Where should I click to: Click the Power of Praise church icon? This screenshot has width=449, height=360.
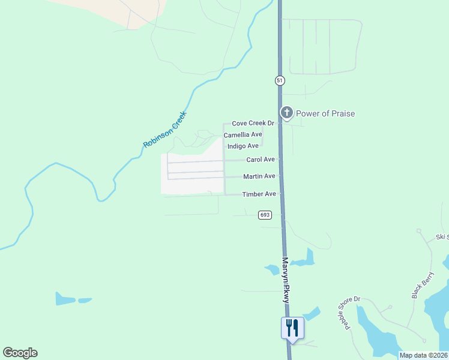coord(287,112)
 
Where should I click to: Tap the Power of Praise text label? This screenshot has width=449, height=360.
coord(325,113)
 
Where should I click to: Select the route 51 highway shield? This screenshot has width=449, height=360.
coord(280,80)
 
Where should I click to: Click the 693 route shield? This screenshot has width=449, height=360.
coord(265,215)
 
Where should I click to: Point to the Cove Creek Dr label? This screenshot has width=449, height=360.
coord(253,123)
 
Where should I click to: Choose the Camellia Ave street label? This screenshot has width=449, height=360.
coord(243,134)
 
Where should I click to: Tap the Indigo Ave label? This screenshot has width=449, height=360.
coord(243,146)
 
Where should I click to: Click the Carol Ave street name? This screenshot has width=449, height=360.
coord(261,160)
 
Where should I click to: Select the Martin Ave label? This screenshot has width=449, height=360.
coord(259,176)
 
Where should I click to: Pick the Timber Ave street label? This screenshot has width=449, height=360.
coord(259,194)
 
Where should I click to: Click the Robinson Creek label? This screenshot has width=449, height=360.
coord(165,130)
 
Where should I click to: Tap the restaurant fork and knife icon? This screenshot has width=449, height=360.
coord(292,328)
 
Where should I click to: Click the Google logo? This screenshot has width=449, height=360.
coord(20,353)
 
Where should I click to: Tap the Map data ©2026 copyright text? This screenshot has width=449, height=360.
coord(424,355)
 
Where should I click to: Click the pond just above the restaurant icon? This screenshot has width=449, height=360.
coord(312,314)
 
